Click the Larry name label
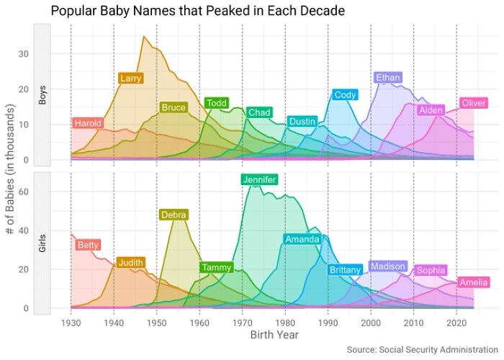tap(130, 78)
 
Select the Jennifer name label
tap(259, 180)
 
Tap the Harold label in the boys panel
tap(88, 123)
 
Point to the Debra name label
tap(174, 215)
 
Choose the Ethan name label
tap(388, 78)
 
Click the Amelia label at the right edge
tap(474, 282)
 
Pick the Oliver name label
tap(473, 104)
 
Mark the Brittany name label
tap(344, 270)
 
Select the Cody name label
tap(345, 95)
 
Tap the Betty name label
tap(88, 246)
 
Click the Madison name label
tap(387, 266)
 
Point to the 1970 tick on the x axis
tap(243, 323)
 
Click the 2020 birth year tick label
tap(456, 323)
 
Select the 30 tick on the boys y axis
tap(23, 54)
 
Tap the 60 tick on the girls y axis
tap(23, 192)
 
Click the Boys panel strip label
tap(42, 94)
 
